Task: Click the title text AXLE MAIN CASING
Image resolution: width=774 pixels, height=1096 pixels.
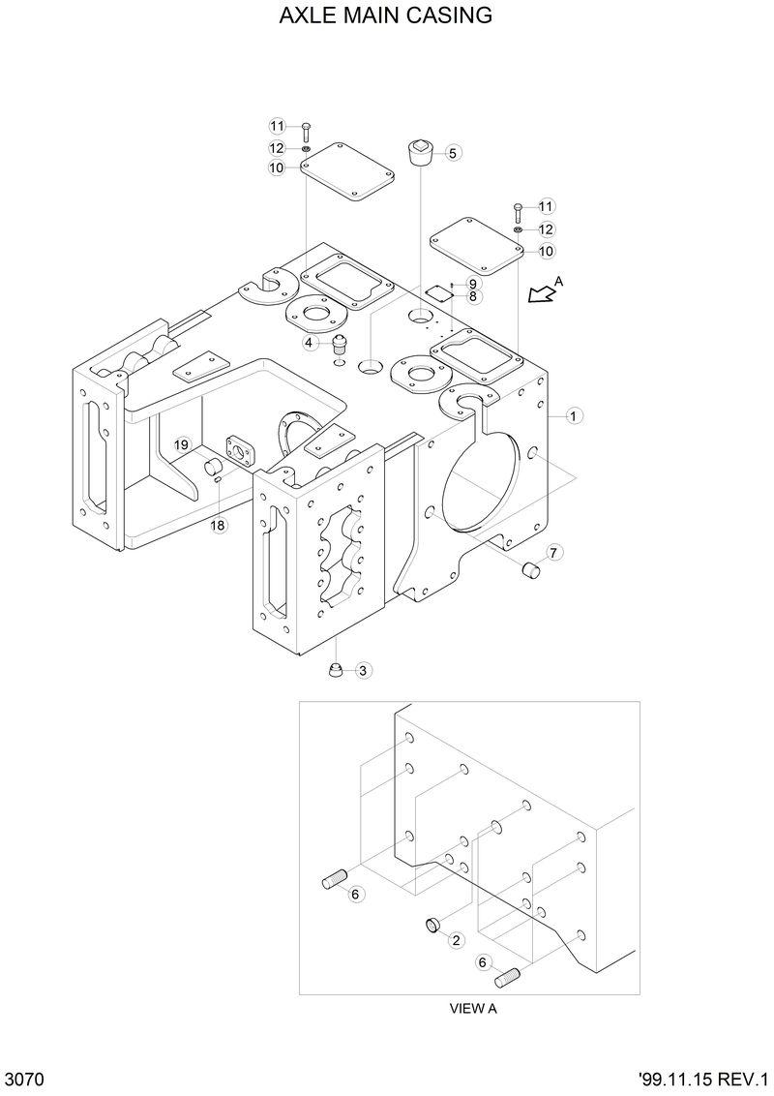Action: tap(386, 16)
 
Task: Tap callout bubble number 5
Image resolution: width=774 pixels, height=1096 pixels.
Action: tap(453, 152)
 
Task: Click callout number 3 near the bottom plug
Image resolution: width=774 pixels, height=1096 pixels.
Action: tap(363, 670)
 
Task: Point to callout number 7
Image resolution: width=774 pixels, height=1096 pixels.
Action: tap(553, 553)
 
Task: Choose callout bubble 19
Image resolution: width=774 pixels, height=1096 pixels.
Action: tap(181, 444)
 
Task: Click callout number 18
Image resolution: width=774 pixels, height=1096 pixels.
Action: tap(218, 526)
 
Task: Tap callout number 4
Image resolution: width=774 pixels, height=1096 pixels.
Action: tap(309, 343)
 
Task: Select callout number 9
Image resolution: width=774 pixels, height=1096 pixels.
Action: tap(472, 284)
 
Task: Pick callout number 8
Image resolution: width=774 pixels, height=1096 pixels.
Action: tap(472, 297)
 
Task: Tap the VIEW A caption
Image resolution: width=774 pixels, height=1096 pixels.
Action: tap(472, 1008)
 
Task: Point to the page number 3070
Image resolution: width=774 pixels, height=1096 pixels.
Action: tap(25, 1080)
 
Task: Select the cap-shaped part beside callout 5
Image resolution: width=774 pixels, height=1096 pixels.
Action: tap(419, 153)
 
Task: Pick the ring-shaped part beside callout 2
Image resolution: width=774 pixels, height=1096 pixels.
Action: tap(434, 927)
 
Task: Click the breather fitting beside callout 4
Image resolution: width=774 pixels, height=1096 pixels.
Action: tap(338, 346)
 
